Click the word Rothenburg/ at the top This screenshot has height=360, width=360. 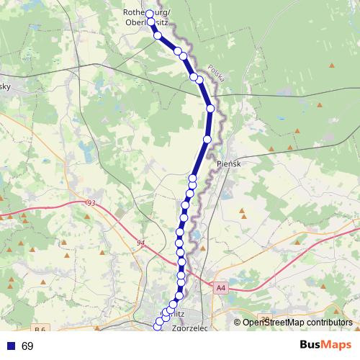147,12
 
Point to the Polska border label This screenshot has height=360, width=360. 216,72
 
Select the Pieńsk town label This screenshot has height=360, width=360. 228,164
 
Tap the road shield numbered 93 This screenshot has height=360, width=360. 90,204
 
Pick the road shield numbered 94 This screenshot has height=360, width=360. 139,243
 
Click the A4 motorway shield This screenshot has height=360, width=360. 220,288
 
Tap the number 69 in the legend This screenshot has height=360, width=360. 27,346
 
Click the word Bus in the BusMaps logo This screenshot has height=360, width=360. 311,345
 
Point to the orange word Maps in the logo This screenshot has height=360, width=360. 337,345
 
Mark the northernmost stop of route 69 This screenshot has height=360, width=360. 150,14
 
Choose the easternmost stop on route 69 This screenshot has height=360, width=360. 210,108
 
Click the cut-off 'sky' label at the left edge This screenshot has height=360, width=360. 4,84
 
